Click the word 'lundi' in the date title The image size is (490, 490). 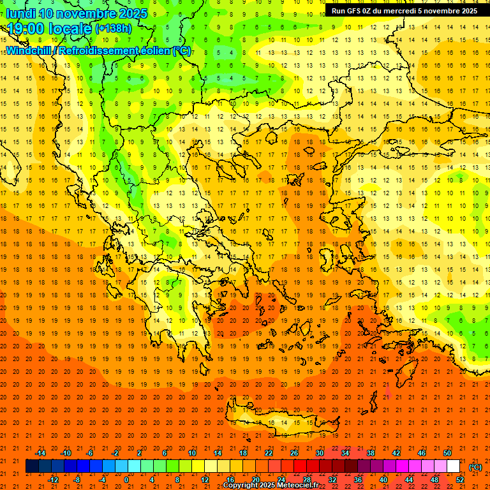[20, 13]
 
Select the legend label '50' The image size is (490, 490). [447, 453]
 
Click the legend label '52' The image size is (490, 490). [459, 480]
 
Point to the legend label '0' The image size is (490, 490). [126, 480]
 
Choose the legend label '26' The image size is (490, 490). [294, 453]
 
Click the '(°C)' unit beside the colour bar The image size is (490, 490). [475, 467]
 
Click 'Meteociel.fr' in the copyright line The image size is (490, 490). [297, 486]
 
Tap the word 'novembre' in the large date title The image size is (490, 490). [85, 13]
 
